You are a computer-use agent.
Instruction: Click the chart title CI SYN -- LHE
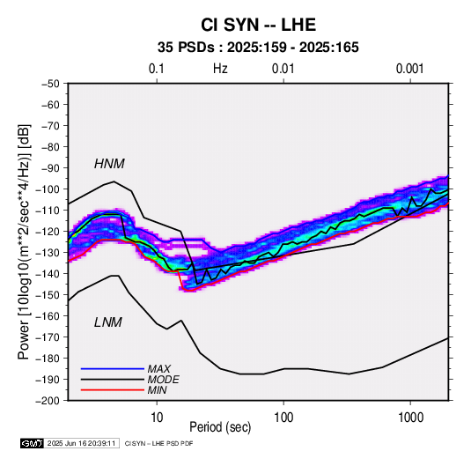(258, 25)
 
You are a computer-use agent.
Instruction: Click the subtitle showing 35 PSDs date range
(258, 48)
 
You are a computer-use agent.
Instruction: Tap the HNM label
(109, 164)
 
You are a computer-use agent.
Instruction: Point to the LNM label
(108, 322)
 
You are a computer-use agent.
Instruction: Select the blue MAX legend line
(113, 368)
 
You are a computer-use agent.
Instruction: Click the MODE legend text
(164, 380)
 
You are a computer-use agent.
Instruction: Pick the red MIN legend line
(113, 390)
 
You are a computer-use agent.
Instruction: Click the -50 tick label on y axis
(50, 84)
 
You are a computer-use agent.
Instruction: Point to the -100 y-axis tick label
(48, 189)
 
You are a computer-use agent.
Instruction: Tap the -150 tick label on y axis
(48, 295)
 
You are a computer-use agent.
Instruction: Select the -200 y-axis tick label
(48, 401)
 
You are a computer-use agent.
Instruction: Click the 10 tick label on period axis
(157, 418)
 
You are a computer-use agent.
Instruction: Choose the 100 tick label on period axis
(283, 418)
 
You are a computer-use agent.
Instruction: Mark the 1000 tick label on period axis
(410, 418)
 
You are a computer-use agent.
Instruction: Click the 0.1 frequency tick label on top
(157, 69)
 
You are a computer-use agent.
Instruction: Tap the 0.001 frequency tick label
(409, 69)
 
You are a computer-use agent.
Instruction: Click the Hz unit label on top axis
(220, 69)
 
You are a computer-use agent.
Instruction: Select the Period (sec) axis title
(220, 427)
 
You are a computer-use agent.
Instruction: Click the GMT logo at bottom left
(32, 443)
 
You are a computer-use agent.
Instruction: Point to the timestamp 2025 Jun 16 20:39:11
(81, 443)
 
